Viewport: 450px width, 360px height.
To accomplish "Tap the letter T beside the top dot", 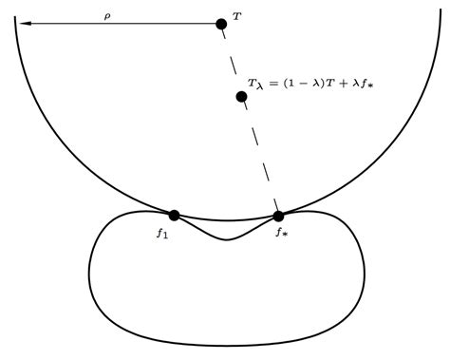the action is point(236,18).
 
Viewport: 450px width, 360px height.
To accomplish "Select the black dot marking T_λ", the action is point(242,96).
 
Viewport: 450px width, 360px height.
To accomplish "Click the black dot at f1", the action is point(174,216).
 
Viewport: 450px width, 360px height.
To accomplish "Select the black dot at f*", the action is point(278,216).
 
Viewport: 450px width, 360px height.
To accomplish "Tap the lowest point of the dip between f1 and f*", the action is point(226,239).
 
